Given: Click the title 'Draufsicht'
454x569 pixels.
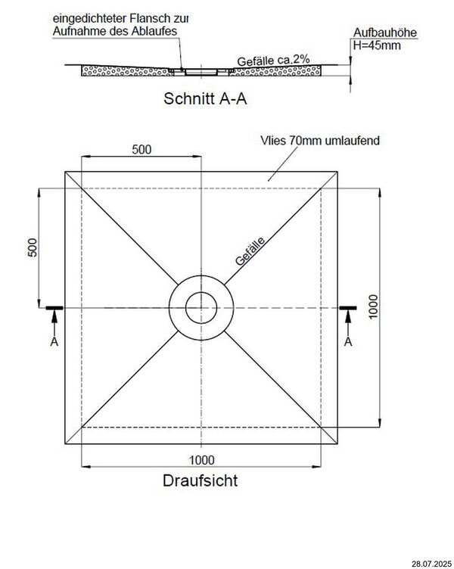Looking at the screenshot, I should click(201, 480).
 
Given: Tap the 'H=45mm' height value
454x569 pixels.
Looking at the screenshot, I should click(377, 46).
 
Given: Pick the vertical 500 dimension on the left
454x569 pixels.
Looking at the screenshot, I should click(32, 248).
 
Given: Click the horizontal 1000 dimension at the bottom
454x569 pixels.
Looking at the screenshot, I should click(201, 459).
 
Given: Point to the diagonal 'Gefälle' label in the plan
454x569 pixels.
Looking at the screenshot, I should click(251, 250).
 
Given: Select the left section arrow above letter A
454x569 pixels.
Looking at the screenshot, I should click(54, 322).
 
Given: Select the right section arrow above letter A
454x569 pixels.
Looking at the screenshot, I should click(348, 322).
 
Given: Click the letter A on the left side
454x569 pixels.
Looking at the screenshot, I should click(54, 343).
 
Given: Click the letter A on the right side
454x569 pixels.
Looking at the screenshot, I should click(348, 343).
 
